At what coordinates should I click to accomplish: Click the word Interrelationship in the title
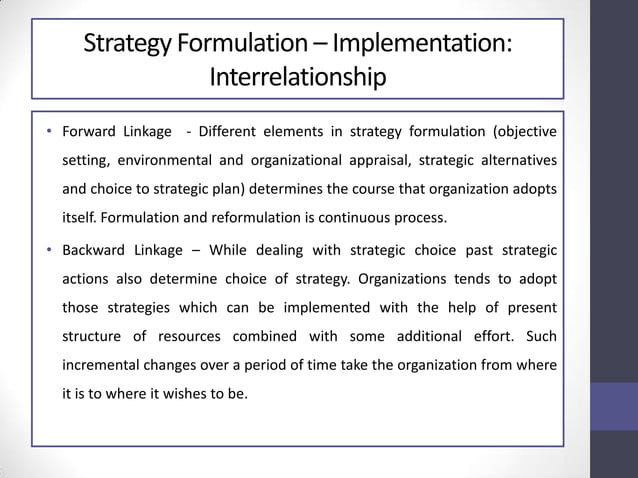coord(295,76)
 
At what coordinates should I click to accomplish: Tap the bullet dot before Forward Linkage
coord(49,133)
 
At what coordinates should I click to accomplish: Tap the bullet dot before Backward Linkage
coord(49,249)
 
